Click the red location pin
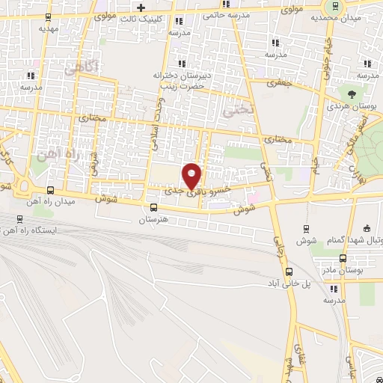pyautogui.click(x=192, y=176)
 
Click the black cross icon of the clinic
pyautogui.click(x=140, y=7)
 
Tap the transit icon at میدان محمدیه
pyautogui.click(x=334, y=6)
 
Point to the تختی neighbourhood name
pyautogui.click(x=239, y=110)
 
